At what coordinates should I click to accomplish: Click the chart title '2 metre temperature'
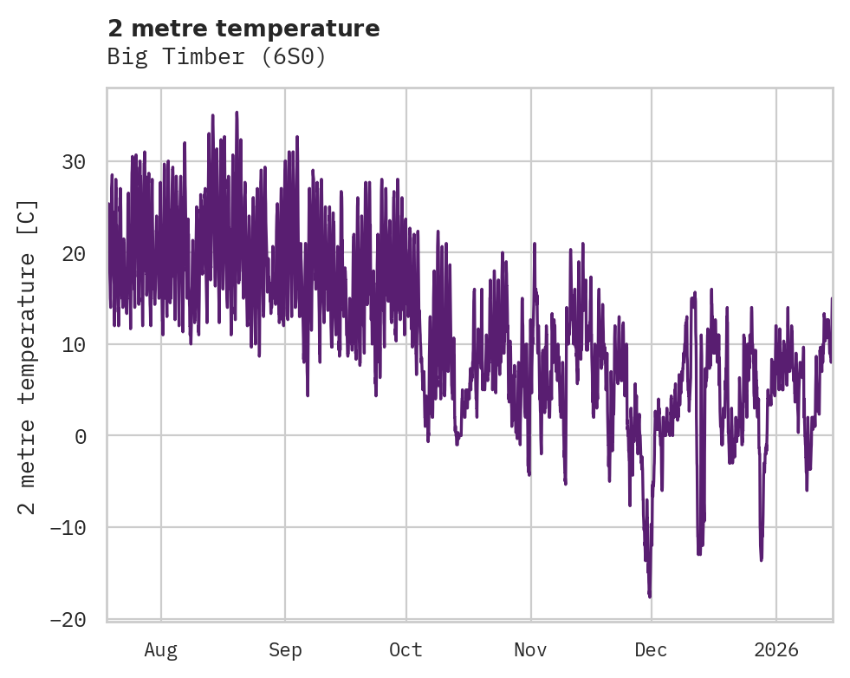click(x=243, y=29)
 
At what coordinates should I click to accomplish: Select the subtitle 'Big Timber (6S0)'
click(x=216, y=57)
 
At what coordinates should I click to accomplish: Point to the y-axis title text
click(x=28, y=356)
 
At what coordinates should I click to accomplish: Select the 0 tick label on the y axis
click(x=81, y=436)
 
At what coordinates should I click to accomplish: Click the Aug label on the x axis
click(x=160, y=649)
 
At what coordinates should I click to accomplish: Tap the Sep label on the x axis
click(x=284, y=649)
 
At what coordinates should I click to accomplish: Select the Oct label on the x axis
click(x=406, y=649)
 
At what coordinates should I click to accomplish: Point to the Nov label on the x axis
click(x=530, y=649)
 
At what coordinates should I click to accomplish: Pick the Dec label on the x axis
click(x=651, y=649)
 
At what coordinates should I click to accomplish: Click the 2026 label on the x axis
click(x=775, y=649)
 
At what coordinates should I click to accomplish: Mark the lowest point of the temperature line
click(x=649, y=597)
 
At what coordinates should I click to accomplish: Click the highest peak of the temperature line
click(x=237, y=112)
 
